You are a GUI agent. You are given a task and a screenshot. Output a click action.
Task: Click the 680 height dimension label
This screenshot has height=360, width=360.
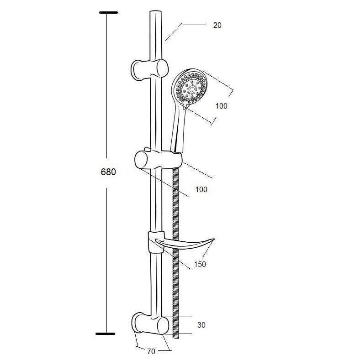pos(108,172)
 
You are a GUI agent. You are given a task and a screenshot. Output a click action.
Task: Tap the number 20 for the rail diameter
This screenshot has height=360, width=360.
pos(217,25)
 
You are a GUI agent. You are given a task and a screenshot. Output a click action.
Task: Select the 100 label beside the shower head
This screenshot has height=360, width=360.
pos(221,106)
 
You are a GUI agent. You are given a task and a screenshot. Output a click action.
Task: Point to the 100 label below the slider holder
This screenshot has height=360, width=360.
pos(201,189)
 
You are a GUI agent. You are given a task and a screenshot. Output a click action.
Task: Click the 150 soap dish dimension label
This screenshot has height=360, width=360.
pos(200,264)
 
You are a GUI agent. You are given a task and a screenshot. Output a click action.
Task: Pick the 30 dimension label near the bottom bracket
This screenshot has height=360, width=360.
pos(201,325)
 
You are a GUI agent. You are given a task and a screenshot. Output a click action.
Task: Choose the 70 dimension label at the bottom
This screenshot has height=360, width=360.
pos(151,351)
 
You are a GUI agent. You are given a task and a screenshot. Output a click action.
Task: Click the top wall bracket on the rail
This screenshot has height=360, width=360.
pos(149,69)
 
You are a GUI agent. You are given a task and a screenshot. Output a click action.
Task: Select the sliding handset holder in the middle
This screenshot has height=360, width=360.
pos(159,159)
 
